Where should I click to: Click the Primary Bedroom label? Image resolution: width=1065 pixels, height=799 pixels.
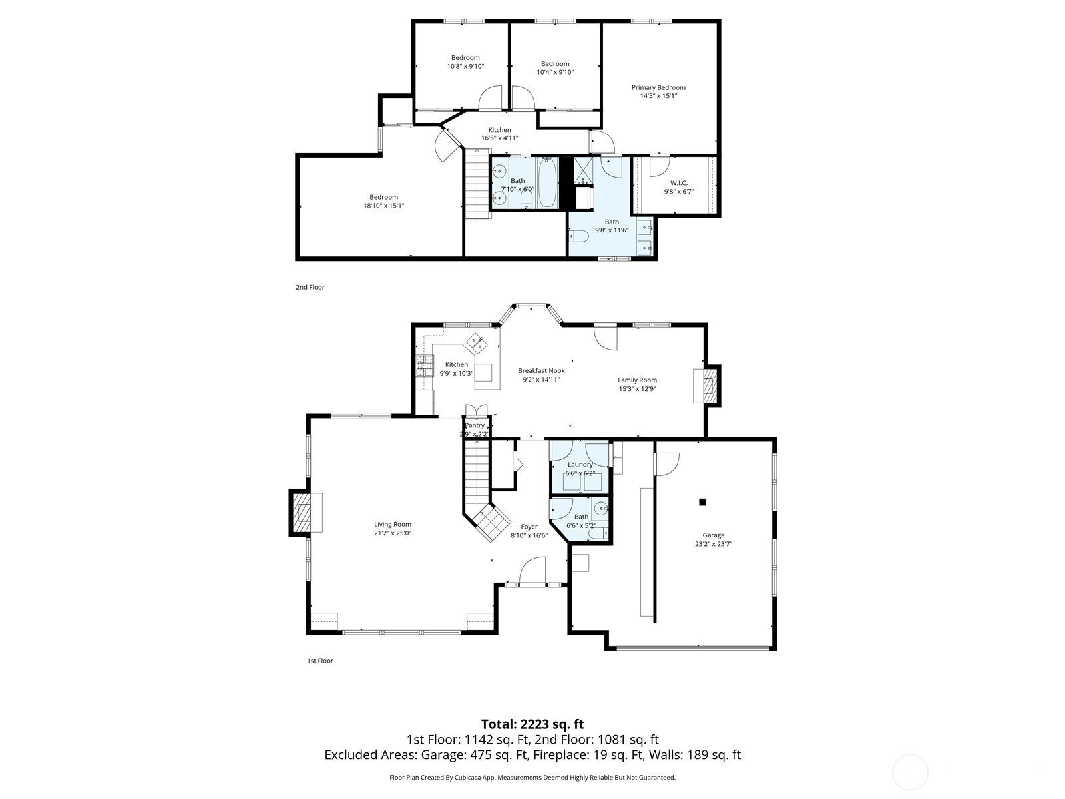click(658, 87)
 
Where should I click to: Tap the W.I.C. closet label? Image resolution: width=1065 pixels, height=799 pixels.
click(678, 183)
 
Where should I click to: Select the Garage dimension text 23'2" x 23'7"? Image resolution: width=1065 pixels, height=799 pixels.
click(714, 544)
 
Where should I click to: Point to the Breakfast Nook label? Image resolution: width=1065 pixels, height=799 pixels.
click(541, 370)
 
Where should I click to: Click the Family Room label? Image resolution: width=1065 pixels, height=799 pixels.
click(637, 380)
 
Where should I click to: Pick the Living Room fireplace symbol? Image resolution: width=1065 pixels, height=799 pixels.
click(305, 513)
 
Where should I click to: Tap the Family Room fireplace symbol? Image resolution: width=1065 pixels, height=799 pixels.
click(707, 386)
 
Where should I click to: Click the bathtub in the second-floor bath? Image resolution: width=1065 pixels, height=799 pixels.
click(547, 183)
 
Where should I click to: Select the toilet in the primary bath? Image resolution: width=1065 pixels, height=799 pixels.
click(579, 236)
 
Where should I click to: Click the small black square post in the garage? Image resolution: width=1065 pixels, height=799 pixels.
click(702, 502)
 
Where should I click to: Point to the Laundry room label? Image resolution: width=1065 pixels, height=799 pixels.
click(580, 464)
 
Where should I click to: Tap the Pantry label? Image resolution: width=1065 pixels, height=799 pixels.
click(475, 425)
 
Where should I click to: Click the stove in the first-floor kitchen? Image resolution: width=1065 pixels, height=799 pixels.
click(425, 366)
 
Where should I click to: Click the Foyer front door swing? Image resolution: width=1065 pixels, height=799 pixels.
click(532, 571)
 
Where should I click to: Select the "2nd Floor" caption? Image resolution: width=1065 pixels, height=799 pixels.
click(310, 287)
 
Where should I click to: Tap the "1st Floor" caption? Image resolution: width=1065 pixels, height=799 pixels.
click(320, 661)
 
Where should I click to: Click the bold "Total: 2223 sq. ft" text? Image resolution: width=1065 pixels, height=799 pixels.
click(532, 724)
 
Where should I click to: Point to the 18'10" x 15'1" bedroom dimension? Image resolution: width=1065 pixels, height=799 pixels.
click(384, 206)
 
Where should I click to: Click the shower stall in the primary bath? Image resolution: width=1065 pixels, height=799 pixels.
click(584, 170)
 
